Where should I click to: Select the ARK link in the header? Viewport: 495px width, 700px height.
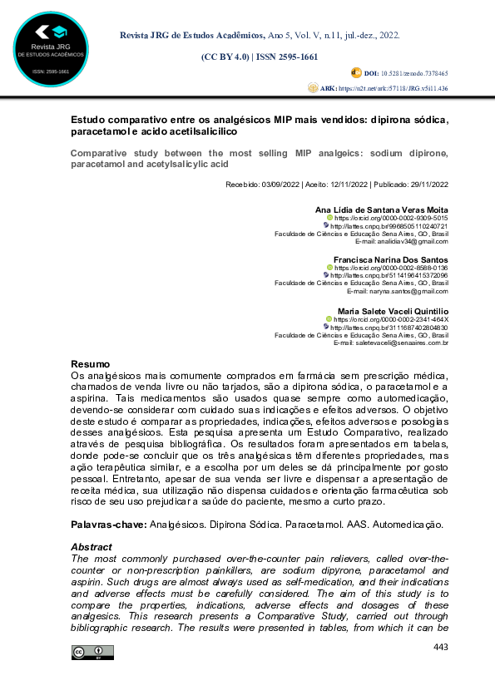coord(396,87)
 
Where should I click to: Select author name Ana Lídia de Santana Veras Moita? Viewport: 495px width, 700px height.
coord(383,209)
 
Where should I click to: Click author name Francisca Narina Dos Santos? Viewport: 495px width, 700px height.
coord(390,259)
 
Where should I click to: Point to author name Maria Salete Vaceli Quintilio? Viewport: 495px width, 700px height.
coord(390,310)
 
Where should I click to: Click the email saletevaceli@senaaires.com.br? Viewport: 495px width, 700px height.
coord(403,343)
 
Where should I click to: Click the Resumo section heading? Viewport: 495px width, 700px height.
coord(89,365)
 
